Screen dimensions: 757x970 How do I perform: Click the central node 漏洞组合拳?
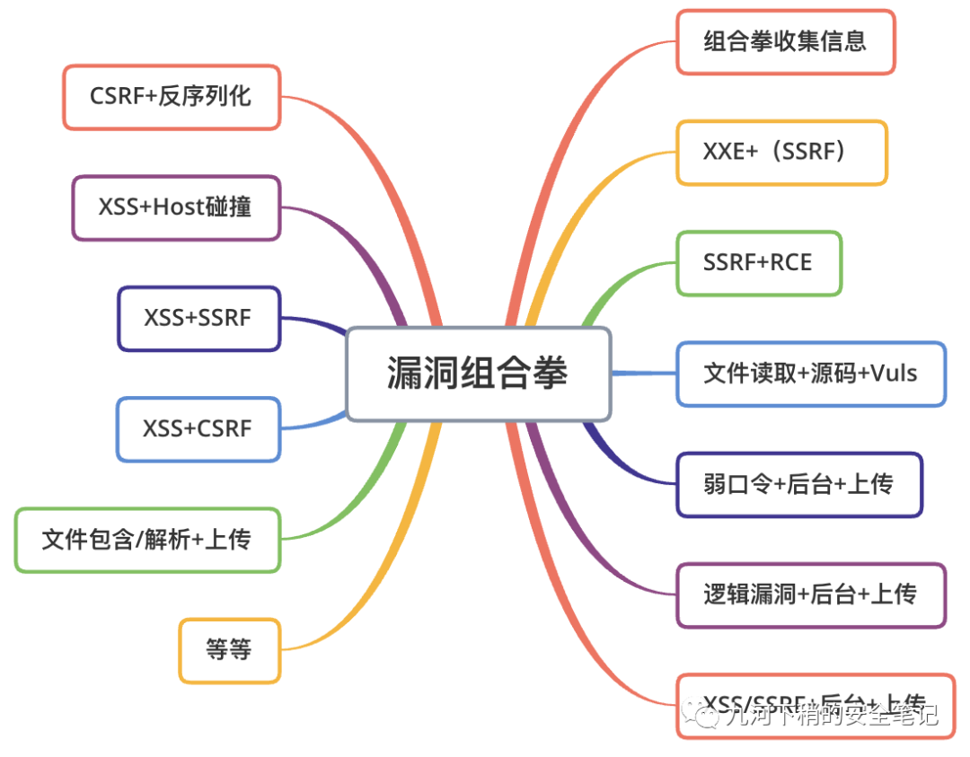(478, 374)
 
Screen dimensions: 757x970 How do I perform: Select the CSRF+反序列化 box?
(172, 97)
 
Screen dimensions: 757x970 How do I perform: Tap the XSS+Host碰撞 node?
(176, 207)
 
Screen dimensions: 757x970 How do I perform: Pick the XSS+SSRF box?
(198, 318)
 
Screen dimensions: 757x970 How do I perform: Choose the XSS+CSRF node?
(198, 428)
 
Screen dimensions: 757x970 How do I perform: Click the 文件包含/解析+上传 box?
(147, 540)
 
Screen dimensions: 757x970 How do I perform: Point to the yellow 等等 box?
(230, 649)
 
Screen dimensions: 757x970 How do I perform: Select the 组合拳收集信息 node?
(785, 41)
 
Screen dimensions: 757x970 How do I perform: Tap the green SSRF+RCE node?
(759, 263)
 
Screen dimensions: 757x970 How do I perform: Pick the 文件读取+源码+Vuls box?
(810, 374)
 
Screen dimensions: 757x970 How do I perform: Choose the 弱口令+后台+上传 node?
(799, 485)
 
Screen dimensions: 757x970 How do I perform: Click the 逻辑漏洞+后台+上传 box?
(810, 595)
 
